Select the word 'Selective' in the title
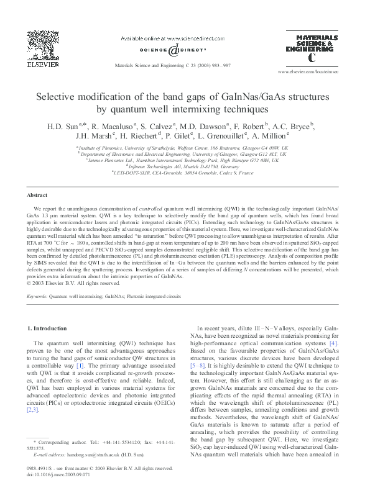click(62, 97)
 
